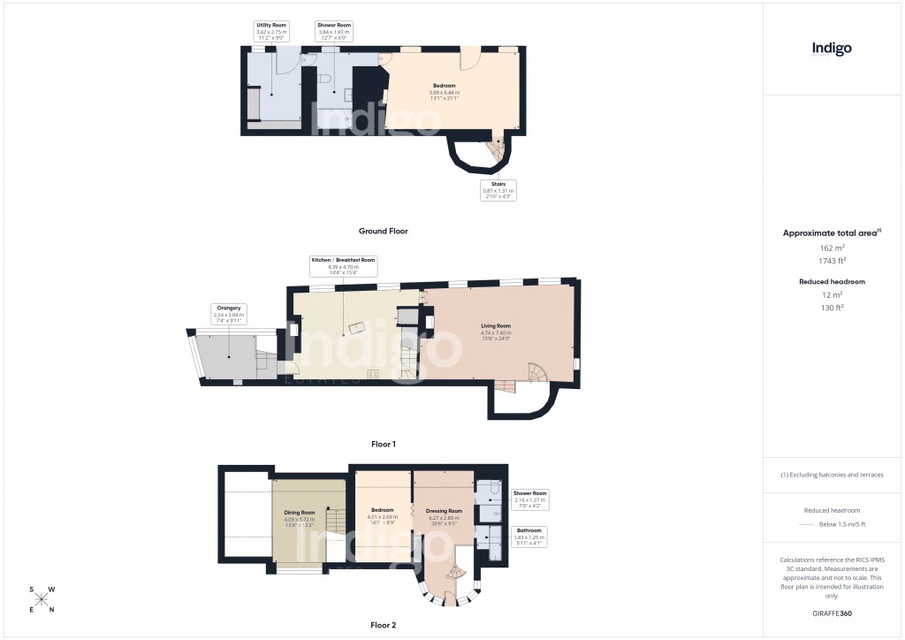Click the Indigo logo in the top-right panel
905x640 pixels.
pos(832,49)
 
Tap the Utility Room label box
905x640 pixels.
pos(270,31)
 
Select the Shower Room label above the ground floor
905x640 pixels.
pos(335,31)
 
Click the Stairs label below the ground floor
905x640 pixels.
pos(498,190)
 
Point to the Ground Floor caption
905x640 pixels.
pos(383,231)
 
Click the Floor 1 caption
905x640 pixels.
pos(383,446)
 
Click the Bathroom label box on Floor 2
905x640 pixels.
pos(530,537)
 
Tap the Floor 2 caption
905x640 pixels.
pos(383,625)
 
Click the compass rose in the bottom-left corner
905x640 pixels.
pos(42,598)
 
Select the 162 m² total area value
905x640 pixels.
pos(833,248)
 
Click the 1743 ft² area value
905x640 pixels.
pos(833,261)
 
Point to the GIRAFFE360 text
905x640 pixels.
pos(833,613)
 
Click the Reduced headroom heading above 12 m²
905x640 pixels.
pos(833,281)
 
